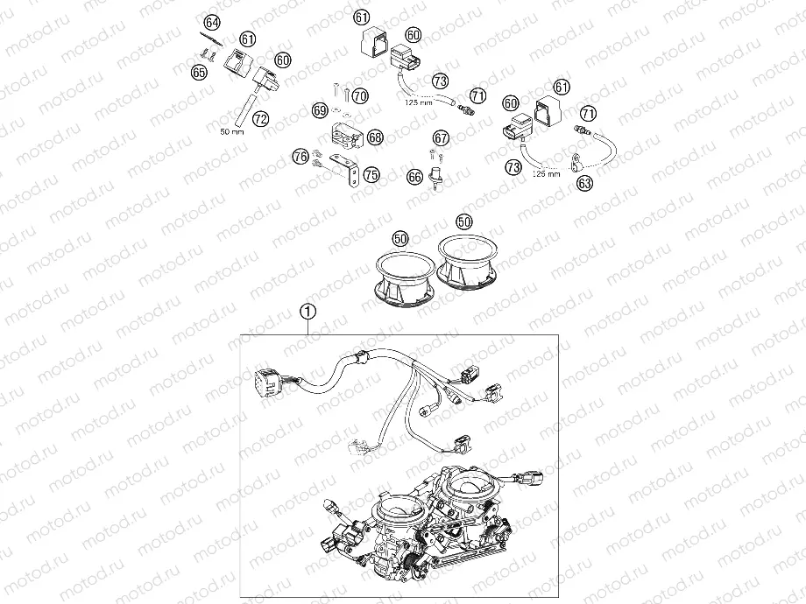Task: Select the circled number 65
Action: click(x=200, y=73)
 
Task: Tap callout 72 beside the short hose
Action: click(x=260, y=116)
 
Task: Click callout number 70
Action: click(x=360, y=95)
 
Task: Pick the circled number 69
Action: click(x=320, y=110)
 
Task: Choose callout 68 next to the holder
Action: click(x=375, y=137)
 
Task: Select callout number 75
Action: click(x=371, y=175)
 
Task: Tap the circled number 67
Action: click(x=440, y=137)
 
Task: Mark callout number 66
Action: click(x=414, y=177)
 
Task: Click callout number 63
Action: click(x=583, y=182)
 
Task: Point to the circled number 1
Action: click(x=307, y=310)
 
